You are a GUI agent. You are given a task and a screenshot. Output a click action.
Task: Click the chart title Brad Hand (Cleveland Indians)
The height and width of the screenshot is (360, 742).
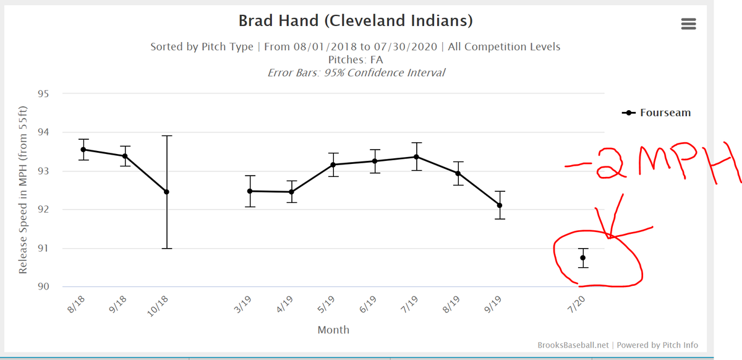356,21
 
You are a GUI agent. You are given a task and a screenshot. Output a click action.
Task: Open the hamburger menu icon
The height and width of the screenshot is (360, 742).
688,24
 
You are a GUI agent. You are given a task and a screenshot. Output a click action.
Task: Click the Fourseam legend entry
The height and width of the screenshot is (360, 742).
657,113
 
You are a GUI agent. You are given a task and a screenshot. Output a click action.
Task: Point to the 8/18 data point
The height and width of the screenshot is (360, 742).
83,150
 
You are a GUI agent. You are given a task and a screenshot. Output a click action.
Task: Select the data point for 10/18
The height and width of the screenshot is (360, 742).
166,192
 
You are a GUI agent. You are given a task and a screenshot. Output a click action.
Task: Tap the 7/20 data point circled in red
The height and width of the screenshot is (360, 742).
583,258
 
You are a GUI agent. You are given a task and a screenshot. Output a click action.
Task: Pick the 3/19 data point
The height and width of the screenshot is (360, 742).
250,191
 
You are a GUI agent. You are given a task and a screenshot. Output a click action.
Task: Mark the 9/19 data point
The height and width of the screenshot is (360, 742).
500,205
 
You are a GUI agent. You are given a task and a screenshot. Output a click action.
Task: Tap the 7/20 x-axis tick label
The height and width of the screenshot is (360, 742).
578,305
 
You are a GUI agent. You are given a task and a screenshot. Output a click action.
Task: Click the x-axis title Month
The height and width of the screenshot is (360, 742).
333,330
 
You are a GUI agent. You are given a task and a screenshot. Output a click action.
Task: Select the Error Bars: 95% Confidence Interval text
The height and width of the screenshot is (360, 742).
356,72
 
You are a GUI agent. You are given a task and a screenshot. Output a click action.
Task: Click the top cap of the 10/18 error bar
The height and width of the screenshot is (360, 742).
166,135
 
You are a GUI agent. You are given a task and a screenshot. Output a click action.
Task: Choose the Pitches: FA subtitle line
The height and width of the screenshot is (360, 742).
356,59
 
